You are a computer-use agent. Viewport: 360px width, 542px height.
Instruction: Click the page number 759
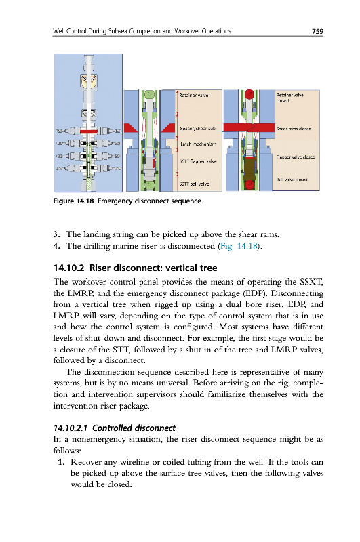click(x=317, y=31)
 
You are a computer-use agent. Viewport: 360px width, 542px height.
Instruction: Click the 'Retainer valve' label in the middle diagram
click(x=194, y=96)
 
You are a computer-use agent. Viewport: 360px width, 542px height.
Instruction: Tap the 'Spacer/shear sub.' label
click(x=198, y=129)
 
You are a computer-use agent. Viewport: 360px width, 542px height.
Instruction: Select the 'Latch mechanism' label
click(x=198, y=144)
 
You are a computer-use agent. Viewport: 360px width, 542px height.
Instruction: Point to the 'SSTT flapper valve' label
click(x=198, y=161)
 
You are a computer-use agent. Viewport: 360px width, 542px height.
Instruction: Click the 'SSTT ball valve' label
click(x=194, y=184)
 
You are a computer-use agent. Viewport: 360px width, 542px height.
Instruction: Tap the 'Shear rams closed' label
click(x=294, y=129)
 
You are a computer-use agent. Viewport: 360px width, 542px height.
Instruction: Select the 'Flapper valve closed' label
click(x=296, y=157)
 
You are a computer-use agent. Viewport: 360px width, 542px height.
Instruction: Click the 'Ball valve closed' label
click(x=292, y=180)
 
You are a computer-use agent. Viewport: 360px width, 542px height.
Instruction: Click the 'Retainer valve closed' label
click(x=289, y=98)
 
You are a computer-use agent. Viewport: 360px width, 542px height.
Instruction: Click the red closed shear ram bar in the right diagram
click(x=249, y=127)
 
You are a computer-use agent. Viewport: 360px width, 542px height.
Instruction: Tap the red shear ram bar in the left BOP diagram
click(x=89, y=131)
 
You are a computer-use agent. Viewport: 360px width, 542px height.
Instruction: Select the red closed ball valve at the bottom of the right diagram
click(x=249, y=184)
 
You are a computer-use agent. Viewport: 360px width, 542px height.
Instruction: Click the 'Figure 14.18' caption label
click(x=73, y=201)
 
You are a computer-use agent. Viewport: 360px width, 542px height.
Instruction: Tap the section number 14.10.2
click(x=69, y=268)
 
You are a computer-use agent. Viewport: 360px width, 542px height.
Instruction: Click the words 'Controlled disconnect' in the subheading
click(x=134, y=428)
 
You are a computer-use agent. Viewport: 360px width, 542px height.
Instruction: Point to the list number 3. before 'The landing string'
click(x=57, y=234)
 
